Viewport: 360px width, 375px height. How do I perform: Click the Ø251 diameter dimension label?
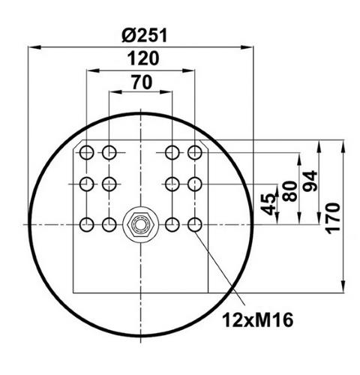(x=144, y=35)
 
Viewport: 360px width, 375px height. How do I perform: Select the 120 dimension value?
(x=143, y=58)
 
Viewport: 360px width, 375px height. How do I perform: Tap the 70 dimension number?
(x=142, y=82)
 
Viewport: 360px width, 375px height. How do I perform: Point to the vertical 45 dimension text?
(x=269, y=205)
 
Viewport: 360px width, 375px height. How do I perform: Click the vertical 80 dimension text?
(x=289, y=191)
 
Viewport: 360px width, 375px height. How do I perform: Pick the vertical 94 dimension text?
(x=310, y=181)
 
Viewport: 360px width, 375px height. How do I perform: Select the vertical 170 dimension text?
(x=333, y=218)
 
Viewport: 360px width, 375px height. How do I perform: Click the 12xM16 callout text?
(x=258, y=320)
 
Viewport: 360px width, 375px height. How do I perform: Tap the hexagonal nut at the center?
(x=140, y=224)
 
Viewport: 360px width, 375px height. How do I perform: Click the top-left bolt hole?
(x=86, y=152)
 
